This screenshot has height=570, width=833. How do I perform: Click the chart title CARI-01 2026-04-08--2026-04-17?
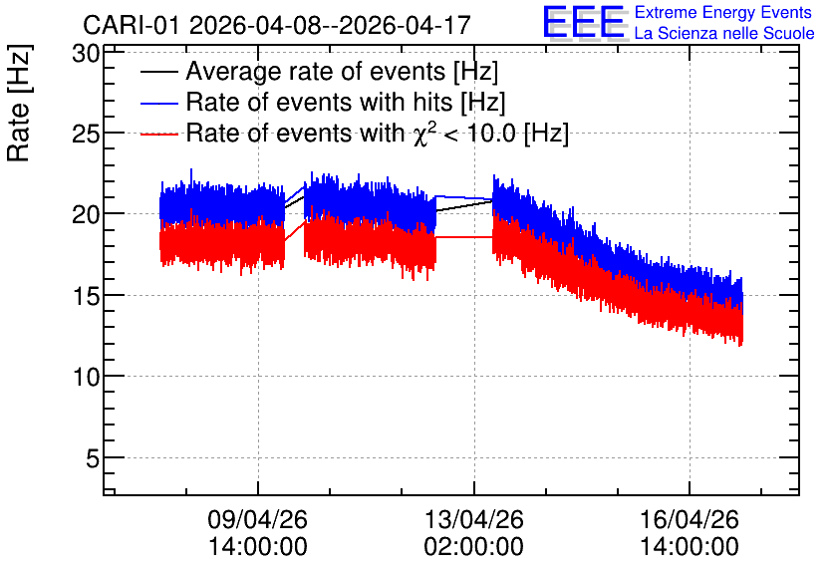tap(277, 25)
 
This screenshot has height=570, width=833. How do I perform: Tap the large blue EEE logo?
tap(584, 22)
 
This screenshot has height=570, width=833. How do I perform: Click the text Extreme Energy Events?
tap(723, 12)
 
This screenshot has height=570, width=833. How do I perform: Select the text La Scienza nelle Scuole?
tap(724, 33)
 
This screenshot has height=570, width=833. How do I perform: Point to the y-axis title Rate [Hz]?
tap(19, 103)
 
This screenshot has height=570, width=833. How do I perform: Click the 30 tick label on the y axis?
tap(86, 53)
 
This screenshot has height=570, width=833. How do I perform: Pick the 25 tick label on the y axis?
tap(86, 134)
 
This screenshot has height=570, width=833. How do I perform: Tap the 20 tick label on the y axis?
tap(86, 215)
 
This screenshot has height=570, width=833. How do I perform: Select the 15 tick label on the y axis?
tap(86, 296)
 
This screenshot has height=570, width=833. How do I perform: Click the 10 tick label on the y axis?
tap(86, 378)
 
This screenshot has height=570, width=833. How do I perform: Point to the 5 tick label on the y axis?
tap(93, 458)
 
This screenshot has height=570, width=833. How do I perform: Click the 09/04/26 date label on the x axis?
tap(258, 519)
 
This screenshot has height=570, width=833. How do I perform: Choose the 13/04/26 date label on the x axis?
tap(474, 519)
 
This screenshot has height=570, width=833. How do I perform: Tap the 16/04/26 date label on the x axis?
tap(690, 519)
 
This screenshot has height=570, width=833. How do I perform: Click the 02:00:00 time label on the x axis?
tap(474, 546)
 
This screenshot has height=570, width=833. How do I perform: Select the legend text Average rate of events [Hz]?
tap(342, 71)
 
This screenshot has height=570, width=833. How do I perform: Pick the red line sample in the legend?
tap(159, 135)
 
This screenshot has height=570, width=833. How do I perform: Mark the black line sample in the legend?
tap(159, 72)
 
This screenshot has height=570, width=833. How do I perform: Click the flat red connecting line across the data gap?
tap(464, 237)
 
